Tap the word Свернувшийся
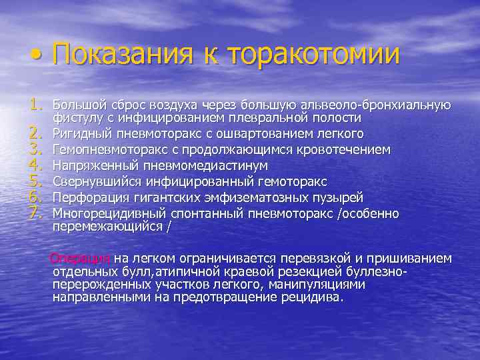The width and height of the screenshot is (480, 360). [x=93, y=181]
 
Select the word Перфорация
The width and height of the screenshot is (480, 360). [x=87, y=197]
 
